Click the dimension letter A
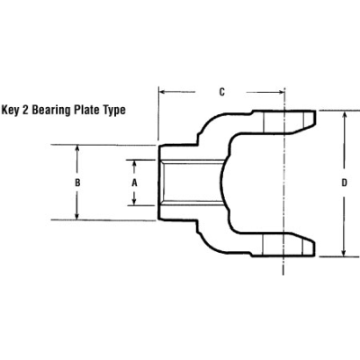click(x=134, y=182)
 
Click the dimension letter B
click(x=79, y=182)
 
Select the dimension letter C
click(x=221, y=90)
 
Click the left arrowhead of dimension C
click(x=162, y=90)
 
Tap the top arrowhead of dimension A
click(x=134, y=163)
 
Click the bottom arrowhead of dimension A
click(x=134, y=202)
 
